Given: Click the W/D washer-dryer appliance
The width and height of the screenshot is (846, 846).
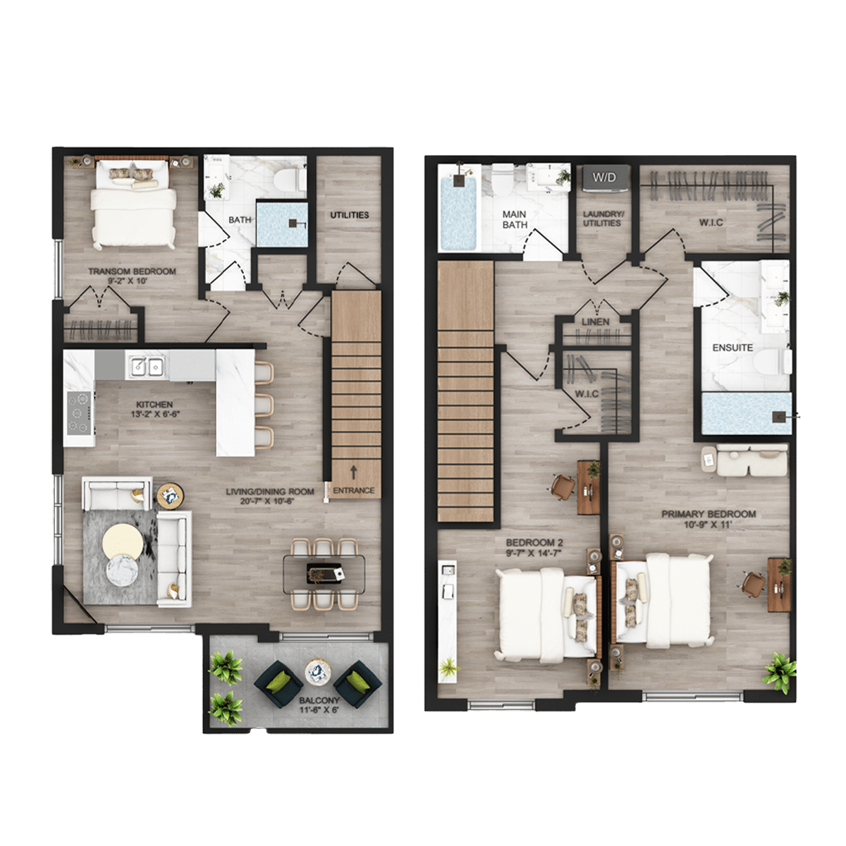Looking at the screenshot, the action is point(604,178).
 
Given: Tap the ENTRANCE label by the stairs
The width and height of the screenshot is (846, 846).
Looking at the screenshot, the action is point(353,491).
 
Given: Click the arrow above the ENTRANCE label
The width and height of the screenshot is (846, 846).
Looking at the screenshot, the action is point(353,472).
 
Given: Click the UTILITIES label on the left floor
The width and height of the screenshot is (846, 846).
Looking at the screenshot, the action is point(350,215).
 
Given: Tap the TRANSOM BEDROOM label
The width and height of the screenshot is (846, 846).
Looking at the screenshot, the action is point(132,271).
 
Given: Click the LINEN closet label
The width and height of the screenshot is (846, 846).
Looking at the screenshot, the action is point(595,321).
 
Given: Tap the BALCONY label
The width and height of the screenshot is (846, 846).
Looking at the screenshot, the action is point(319,700).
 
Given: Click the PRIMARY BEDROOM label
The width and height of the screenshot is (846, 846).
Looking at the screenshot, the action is point(709,514).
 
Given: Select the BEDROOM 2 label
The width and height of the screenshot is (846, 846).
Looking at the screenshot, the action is point(534,543).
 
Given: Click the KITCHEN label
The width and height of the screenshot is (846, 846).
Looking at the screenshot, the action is point(154,405).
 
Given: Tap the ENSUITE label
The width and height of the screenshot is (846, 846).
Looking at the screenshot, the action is point(732,348).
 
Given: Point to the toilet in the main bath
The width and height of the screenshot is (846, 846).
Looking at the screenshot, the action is point(502,180).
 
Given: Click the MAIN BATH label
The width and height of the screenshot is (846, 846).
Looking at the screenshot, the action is point(515,219).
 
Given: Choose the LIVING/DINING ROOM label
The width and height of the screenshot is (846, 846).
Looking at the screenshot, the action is point(270,491).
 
